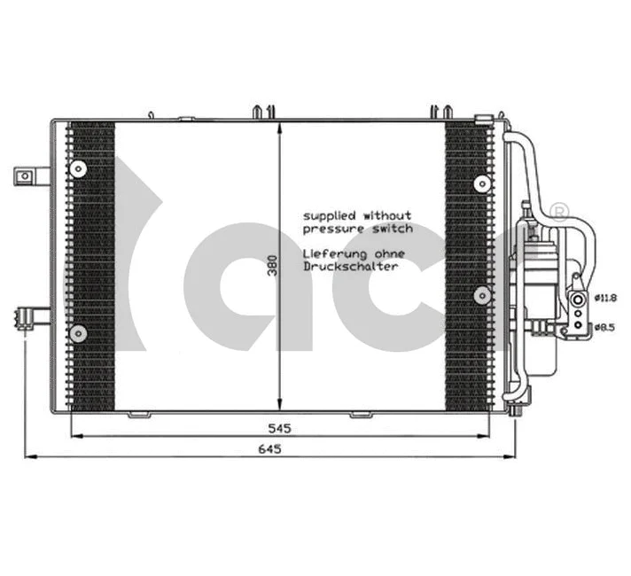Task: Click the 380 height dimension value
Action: pyautogui.click(x=274, y=264)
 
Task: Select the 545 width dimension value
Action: pyautogui.click(x=281, y=427)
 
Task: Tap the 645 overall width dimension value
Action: pyautogui.click(x=271, y=449)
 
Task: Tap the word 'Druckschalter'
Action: pyautogui.click(x=350, y=266)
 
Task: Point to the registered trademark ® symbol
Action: pyautogui.click(x=559, y=211)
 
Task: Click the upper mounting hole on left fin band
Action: pyautogui.click(x=79, y=168)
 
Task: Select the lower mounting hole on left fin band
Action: pyautogui.click(x=79, y=333)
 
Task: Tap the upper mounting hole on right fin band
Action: pyautogui.click(x=481, y=183)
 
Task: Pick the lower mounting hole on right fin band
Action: pyautogui.click(x=481, y=295)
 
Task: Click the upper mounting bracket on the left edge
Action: pyautogui.click(x=28, y=175)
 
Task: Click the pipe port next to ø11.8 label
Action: pyautogui.click(x=578, y=299)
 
